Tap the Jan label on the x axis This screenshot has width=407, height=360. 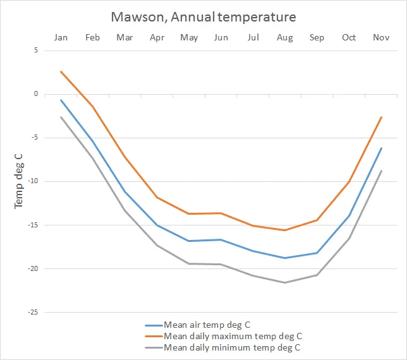click(x=61, y=38)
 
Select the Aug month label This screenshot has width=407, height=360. click(x=285, y=38)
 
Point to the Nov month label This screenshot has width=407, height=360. click(x=381, y=38)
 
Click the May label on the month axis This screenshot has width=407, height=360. click(x=189, y=38)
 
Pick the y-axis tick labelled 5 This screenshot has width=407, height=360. click(x=35, y=51)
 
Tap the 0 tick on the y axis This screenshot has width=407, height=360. click(x=35, y=94)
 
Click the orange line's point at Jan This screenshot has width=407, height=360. click(x=61, y=71)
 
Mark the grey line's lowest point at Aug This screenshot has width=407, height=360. click(x=285, y=282)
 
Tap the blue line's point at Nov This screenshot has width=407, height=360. click(x=381, y=148)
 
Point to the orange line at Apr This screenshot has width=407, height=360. click(x=157, y=197)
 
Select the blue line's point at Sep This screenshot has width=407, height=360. click(x=317, y=253)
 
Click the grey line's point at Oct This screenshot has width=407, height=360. click(x=349, y=238)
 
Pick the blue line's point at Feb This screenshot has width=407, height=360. click(x=93, y=140)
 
